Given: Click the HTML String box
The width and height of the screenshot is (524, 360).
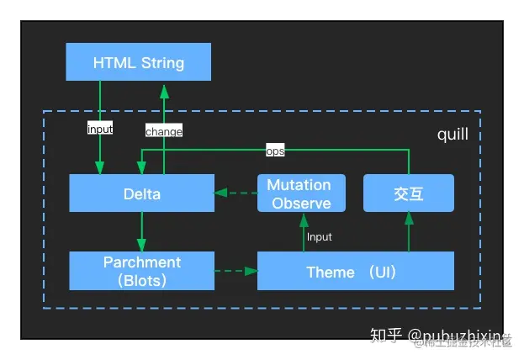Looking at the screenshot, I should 138,62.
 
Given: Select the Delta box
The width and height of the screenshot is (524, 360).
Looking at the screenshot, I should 141,193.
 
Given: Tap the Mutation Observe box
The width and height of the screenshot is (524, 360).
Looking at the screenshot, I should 299,193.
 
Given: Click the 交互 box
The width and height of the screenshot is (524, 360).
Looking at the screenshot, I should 408,193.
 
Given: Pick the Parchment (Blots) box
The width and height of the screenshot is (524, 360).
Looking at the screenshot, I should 141,271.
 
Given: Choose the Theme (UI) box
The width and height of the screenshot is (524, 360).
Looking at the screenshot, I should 355,271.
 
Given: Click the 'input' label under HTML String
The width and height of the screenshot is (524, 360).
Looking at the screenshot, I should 100,130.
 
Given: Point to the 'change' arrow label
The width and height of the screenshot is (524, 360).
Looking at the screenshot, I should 163,131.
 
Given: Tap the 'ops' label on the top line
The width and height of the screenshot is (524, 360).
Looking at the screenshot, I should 275,151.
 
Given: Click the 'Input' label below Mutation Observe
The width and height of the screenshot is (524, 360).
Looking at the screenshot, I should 320,237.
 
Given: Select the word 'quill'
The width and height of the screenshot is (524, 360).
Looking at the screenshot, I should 453,135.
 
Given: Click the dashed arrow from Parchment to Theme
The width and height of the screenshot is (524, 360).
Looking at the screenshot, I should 236,271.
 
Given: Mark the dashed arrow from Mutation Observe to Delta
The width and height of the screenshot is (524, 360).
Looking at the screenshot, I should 236,193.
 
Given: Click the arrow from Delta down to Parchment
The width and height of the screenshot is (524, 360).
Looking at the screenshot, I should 141,231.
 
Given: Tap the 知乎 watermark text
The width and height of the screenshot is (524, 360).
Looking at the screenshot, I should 390,336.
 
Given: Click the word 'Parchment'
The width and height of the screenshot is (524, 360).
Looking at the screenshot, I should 141,262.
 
